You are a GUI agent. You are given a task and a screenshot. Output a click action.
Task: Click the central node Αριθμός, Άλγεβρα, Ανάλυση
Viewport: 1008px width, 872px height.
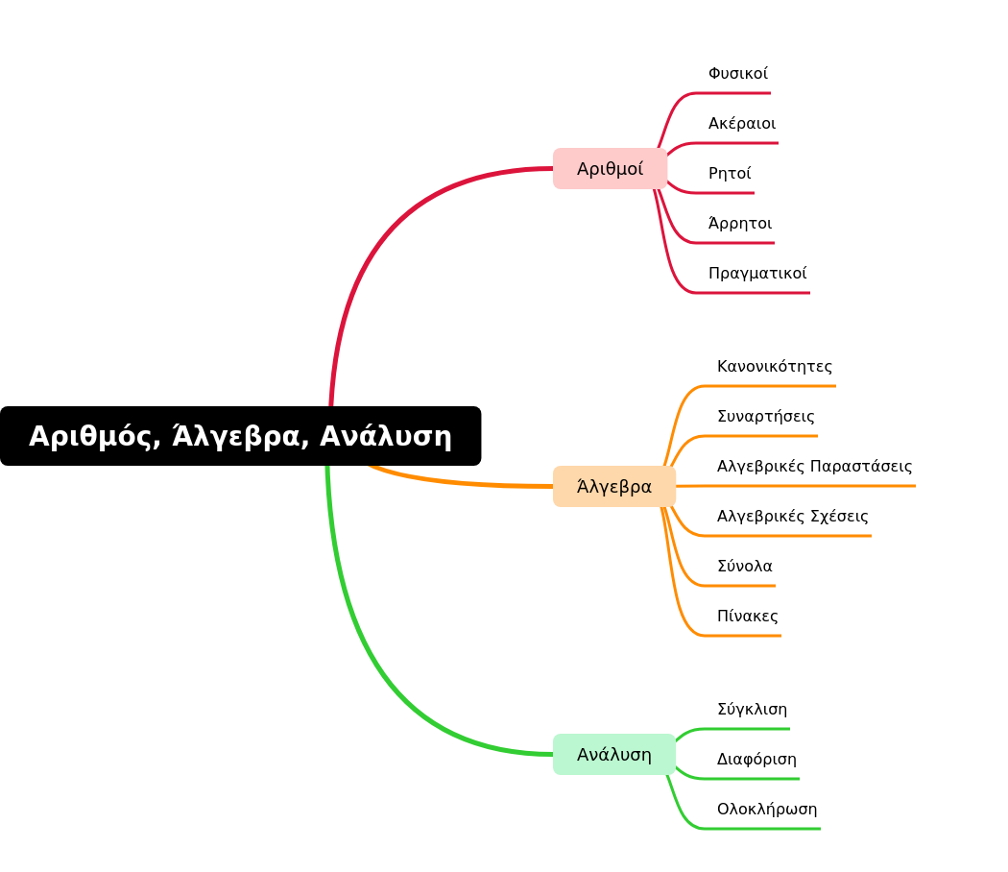click(240, 436)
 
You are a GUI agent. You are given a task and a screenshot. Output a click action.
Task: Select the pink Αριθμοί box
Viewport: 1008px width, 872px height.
click(610, 168)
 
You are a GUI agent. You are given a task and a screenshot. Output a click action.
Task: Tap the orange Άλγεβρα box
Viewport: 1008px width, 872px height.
click(614, 486)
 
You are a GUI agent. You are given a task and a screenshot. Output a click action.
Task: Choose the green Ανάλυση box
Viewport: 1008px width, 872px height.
click(614, 754)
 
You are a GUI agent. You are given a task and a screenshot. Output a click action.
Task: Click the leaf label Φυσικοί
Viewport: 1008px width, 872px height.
click(738, 73)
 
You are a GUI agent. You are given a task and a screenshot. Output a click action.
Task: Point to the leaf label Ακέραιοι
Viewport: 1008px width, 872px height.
click(742, 123)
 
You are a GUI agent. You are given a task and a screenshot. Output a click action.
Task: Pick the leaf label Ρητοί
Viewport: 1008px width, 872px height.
click(730, 173)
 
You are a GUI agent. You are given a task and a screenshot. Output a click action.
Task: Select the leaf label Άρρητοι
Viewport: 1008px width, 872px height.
click(740, 223)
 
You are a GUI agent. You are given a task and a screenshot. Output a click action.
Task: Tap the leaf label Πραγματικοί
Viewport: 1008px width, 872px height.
click(757, 274)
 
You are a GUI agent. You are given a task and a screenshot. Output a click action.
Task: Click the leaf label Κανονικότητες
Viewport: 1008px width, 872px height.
click(775, 367)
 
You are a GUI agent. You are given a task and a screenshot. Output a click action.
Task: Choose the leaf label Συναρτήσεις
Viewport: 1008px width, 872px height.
click(766, 416)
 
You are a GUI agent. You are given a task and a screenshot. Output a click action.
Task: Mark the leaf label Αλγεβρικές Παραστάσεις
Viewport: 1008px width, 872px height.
click(814, 466)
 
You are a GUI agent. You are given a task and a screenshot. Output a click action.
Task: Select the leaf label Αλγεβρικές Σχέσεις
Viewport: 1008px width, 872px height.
click(793, 516)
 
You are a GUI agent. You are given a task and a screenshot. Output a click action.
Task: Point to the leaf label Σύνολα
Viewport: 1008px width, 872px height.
click(744, 566)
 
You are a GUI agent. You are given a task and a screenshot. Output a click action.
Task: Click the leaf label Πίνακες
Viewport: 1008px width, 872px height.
click(747, 616)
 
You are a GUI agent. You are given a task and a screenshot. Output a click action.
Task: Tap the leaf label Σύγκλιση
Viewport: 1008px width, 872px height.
click(752, 710)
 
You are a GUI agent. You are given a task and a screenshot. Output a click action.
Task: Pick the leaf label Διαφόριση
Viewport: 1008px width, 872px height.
click(756, 760)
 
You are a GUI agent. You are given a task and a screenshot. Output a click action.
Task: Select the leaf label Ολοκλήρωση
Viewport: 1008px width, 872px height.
click(767, 809)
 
